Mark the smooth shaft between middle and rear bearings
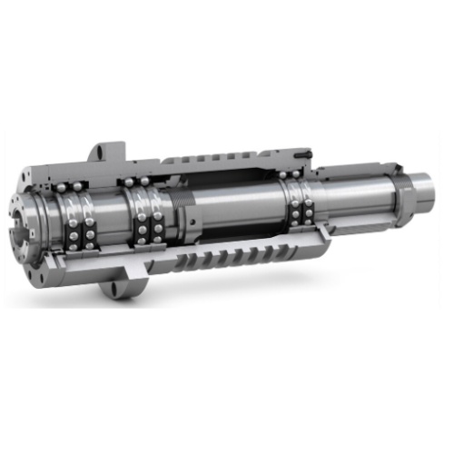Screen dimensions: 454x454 click(x=245, y=213)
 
